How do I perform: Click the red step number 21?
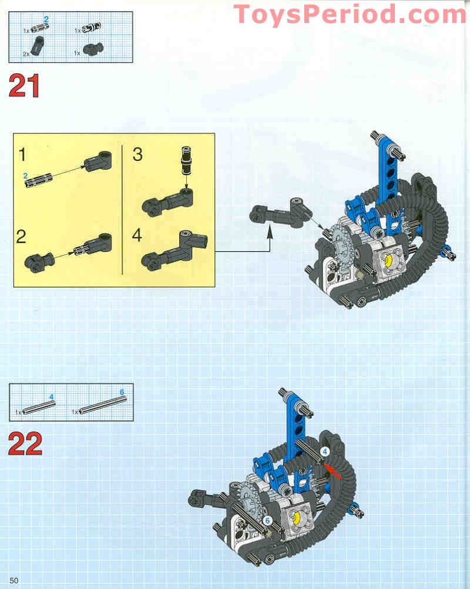25,86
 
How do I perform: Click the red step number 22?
25,445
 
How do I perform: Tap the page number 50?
14,581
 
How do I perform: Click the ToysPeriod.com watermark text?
350,14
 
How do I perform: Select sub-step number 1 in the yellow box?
22,155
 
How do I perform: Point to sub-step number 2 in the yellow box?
22,237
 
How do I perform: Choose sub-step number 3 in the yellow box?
137,154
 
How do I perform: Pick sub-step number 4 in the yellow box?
137,236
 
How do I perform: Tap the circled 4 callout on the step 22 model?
325,452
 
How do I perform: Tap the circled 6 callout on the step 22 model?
267,520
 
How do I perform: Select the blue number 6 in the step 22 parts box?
122,392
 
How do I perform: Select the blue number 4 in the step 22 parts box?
52,397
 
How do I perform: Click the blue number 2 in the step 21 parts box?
46,19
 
